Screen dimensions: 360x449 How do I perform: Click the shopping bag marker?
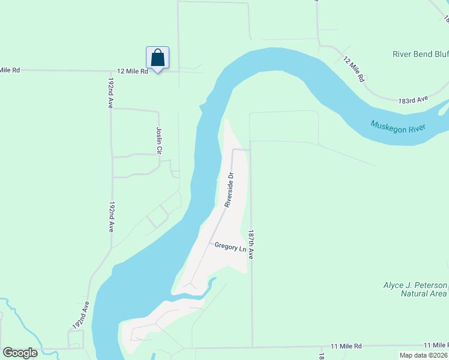pyautogui.click(x=157, y=58)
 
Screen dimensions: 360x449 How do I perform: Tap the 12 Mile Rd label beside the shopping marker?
pyautogui.click(x=132, y=71)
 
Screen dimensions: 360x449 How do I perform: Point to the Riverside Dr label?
pyautogui.click(x=229, y=190)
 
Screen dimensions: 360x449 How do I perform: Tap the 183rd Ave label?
pyautogui.click(x=412, y=99)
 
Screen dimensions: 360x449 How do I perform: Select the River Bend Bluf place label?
pyautogui.click(x=420, y=54)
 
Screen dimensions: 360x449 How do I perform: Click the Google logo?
pyautogui.click(x=20, y=353)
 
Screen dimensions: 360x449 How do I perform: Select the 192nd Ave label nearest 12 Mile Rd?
pyautogui.click(x=110, y=92)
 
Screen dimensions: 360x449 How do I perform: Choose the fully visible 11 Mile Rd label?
pyautogui.click(x=347, y=346)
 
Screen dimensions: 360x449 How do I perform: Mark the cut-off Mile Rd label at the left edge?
pyautogui.click(x=10, y=70)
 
